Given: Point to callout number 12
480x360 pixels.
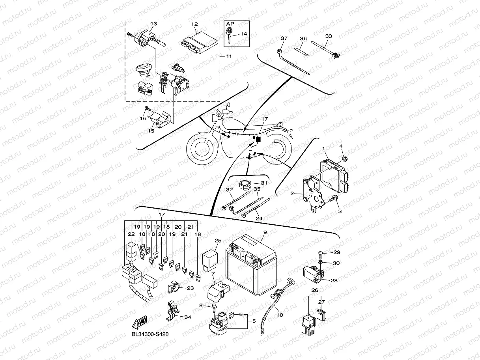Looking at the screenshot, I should coord(194,24).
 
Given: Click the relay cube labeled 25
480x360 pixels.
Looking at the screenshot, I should coord(211,259).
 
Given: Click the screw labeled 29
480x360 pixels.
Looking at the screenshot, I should coord(320,252).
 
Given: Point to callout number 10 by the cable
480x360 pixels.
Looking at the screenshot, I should coord(280,315).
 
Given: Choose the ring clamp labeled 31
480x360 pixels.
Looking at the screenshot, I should coord(247,184).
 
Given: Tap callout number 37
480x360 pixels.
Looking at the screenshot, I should coord(284,38).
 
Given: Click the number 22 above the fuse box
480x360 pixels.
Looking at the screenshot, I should coord(131,234).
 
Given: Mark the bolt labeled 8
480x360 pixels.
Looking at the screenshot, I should coord(213,306).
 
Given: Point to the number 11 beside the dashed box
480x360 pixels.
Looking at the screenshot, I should coord(228,56).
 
